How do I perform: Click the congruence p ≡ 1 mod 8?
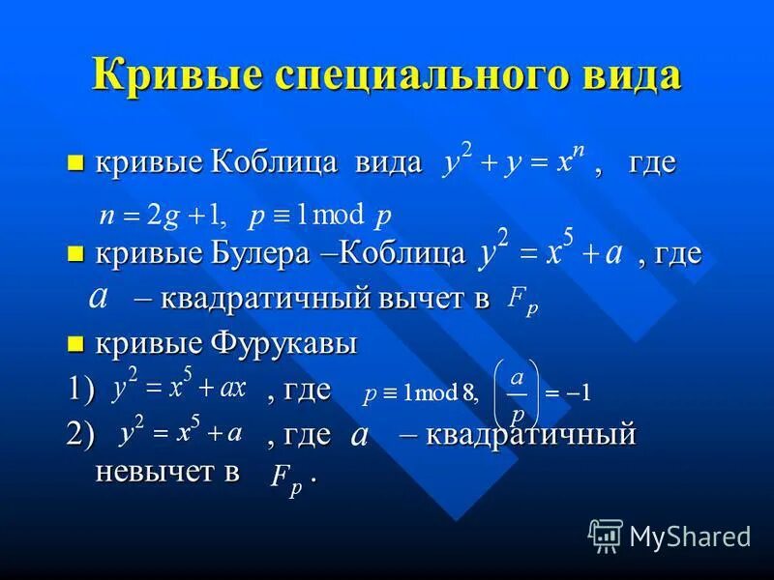tap(419, 393)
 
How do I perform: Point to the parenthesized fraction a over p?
tap(517, 392)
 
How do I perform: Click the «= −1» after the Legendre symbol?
tap(568, 393)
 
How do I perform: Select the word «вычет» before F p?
tap(412, 300)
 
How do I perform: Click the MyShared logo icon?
tap(606, 535)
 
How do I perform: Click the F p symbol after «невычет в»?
tap(286, 477)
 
